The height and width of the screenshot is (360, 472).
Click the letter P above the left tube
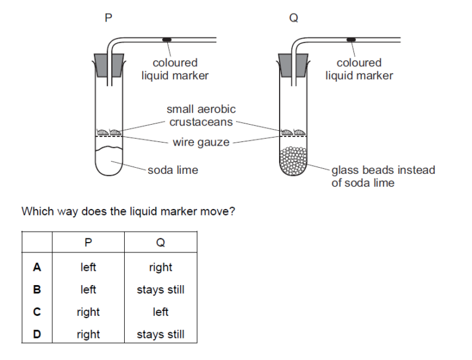click(109, 18)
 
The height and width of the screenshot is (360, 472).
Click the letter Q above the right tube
click(293, 18)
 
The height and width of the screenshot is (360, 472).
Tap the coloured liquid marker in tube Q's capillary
click(351, 40)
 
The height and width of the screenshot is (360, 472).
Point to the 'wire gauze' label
click(201, 143)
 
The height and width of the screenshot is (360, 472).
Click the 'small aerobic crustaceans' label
click(201, 115)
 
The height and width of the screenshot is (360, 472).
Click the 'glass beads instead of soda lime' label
click(382, 176)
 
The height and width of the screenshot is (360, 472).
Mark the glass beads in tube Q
click(293, 162)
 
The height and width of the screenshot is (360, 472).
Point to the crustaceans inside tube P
click(108, 131)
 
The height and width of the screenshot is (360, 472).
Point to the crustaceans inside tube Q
click(293, 131)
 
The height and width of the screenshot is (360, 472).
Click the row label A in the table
click(37, 267)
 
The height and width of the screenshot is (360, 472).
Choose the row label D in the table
click(37, 335)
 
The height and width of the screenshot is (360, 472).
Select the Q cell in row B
click(160, 289)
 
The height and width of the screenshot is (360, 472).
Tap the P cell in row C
click(88, 312)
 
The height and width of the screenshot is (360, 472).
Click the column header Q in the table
click(160, 243)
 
